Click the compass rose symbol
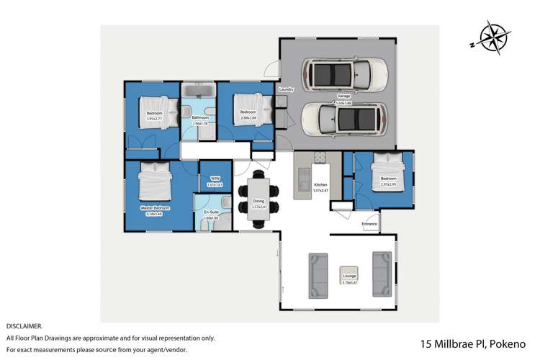click(491, 37)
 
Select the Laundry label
click(287, 89)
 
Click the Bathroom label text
click(199, 118)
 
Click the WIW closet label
click(215, 178)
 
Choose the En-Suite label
click(211, 212)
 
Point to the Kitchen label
click(320, 185)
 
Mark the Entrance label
click(369, 225)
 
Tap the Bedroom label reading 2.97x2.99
click(389, 179)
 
